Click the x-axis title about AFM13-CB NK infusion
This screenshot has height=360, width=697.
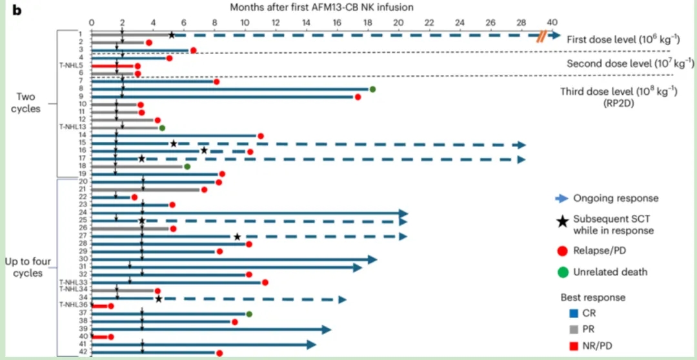[x=322, y=7]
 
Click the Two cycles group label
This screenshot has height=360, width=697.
[x=25, y=103]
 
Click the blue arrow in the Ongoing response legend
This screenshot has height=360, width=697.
[x=561, y=198]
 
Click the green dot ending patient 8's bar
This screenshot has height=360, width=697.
[x=372, y=90]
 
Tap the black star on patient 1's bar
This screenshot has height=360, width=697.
[x=172, y=35]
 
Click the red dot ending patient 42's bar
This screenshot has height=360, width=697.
[x=219, y=353]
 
